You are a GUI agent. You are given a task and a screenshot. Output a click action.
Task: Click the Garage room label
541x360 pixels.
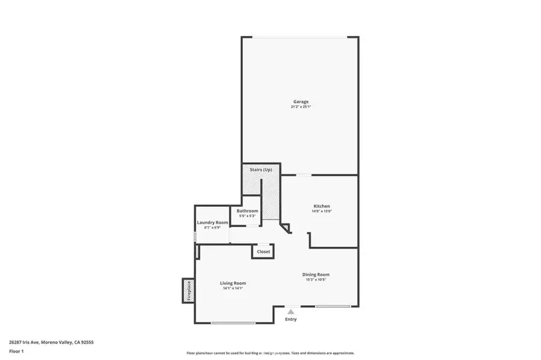pos(301,102)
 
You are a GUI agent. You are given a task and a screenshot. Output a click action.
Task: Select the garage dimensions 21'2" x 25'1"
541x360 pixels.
pos(301,107)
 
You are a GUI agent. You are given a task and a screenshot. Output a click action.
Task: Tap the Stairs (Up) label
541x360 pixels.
pos(261,170)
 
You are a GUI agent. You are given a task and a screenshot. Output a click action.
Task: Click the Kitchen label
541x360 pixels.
pos(321,206)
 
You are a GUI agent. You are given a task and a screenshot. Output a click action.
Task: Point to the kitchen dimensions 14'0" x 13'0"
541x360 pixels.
pos(321,212)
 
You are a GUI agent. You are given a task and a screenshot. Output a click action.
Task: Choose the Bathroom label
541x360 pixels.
pos(247,211)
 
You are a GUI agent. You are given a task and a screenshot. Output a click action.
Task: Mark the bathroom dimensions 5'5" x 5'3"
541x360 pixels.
pos(247,216)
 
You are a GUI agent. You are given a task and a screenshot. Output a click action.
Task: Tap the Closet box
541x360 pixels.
pos(263,252)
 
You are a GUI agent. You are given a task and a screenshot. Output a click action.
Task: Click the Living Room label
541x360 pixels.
pos(233,283)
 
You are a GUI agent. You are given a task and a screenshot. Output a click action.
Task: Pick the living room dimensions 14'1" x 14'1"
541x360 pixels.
pos(233,288)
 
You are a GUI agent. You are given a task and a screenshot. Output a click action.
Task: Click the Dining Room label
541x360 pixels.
pos(316,275)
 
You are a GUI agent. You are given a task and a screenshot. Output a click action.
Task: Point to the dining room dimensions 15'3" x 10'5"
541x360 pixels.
pos(316,280)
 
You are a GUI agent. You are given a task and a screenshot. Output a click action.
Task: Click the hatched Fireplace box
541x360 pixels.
pos(188,291)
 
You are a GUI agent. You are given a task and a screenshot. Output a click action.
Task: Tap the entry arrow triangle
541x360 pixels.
pos(291,311)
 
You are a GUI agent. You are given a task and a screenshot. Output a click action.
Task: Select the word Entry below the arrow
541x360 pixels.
pos(291,319)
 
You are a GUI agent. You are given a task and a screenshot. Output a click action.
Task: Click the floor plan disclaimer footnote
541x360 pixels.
pos(270,353)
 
